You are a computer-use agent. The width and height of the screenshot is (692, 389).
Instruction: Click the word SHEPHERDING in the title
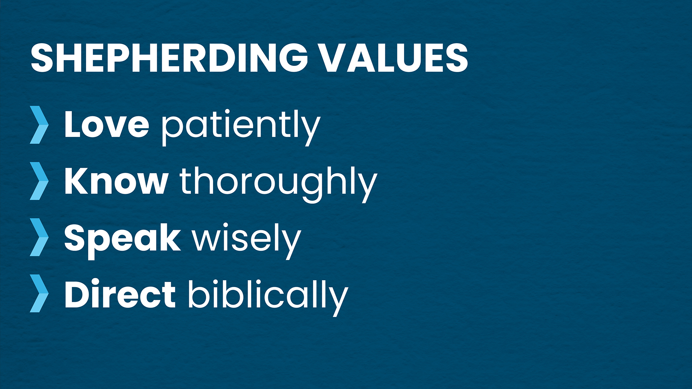pyautogui.click(x=169, y=58)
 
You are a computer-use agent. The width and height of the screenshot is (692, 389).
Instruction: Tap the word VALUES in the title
pyautogui.click(x=394, y=58)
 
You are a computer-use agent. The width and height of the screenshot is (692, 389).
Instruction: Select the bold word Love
pyautogui.click(x=107, y=124)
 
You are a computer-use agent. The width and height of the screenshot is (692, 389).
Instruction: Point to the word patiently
pyautogui.click(x=241, y=127)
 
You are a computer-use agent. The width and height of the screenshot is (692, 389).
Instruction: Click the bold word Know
pyautogui.click(x=116, y=181)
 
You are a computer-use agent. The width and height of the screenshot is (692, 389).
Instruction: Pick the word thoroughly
pyautogui.click(x=278, y=184)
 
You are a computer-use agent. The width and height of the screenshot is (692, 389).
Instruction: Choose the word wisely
pyautogui.click(x=247, y=240)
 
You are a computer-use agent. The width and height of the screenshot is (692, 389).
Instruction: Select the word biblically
pyautogui.click(x=268, y=297)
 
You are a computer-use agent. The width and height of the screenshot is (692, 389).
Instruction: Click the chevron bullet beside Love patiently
pyautogui.click(x=39, y=125)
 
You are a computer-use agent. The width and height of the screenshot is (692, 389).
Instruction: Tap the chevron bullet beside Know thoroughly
pyautogui.click(x=39, y=181)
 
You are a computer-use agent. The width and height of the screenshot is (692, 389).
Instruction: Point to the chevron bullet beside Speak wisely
pyautogui.click(x=39, y=237)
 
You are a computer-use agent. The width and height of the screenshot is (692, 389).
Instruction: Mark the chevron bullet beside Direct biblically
pyautogui.click(x=39, y=293)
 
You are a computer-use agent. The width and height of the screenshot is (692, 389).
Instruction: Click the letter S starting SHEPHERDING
pyautogui.click(x=42, y=58)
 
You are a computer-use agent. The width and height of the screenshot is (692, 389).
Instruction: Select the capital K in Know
pyautogui.click(x=76, y=181)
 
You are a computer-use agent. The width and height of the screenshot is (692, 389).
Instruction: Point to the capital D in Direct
pyautogui.click(x=77, y=294)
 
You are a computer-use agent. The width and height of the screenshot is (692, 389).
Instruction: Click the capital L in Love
pyautogui.click(x=73, y=124)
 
